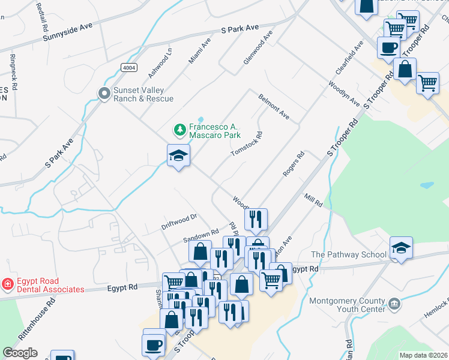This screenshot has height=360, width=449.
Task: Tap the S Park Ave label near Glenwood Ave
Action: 240,28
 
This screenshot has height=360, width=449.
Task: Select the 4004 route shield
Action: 128,67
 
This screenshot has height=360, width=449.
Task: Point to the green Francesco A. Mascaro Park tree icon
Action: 179,129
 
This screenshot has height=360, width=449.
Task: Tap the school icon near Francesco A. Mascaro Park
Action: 178,156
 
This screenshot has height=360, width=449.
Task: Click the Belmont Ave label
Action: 274,106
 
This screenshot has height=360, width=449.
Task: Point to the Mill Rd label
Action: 313,200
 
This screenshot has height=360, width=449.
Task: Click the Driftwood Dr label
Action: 179,221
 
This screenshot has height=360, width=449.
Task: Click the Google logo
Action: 20,353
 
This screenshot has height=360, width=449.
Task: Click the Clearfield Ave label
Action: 350,58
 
